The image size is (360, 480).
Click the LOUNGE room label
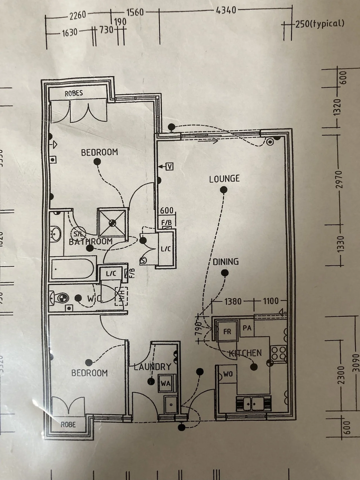click(x=224, y=179)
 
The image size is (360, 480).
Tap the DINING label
click(x=226, y=262)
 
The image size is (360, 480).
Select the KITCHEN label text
click(x=246, y=353)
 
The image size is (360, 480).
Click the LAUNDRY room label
click(x=152, y=367)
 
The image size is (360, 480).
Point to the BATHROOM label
click(x=91, y=241)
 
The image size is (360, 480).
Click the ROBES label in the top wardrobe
click(x=74, y=93)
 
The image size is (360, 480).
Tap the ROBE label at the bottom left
click(x=68, y=424)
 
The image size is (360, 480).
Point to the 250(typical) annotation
click(x=319, y=24)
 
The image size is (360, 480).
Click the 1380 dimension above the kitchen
click(x=233, y=301)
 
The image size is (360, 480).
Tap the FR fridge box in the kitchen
click(x=227, y=332)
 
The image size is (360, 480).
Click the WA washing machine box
click(x=165, y=383)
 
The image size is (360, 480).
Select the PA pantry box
click(x=247, y=328)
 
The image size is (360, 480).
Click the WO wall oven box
click(x=228, y=374)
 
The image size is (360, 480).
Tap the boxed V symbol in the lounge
click(x=169, y=167)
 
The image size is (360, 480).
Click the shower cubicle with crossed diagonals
click(x=112, y=222)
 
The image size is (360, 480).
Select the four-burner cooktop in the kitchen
click(x=278, y=353)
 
